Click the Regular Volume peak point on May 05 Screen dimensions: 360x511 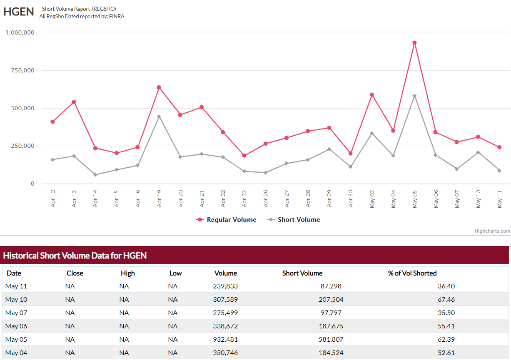click(x=414, y=42)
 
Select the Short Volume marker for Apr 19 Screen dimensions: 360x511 click(x=159, y=117)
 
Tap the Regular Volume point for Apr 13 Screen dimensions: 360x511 click(x=74, y=102)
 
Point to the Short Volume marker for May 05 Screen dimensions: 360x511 click(x=414, y=96)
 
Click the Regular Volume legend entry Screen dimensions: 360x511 click(x=227, y=220)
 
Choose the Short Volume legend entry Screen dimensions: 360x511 click(x=294, y=220)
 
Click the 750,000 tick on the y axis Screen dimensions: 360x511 click(x=20, y=70)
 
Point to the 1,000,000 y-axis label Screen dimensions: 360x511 click(x=20, y=32)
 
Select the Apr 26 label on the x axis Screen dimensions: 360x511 click(x=266, y=198)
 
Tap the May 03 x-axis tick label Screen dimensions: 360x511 click(x=372, y=198)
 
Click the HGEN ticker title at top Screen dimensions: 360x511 click(x=19, y=12)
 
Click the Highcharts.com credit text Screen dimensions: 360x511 click(x=492, y=231)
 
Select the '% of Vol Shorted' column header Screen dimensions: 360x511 click(x=412, y=273)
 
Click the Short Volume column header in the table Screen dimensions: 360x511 click(x=302, y=273)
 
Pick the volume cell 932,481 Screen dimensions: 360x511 click(x=225, y=339)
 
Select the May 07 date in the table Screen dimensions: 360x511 click(x=16, y=313)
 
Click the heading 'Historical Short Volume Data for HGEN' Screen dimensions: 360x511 click(x=75, y=255)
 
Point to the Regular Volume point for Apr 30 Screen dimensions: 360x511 click(x=351, y=154)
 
